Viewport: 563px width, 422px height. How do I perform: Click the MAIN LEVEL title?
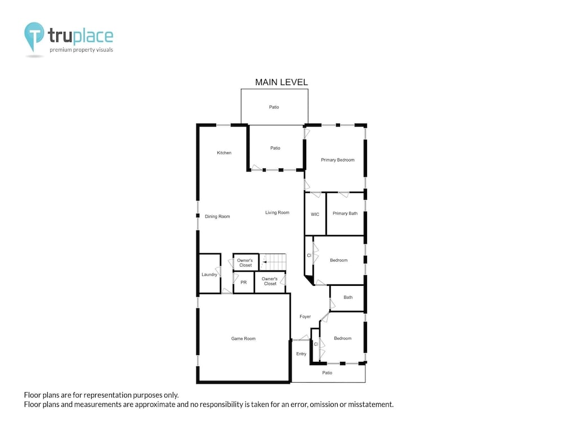point(281,82)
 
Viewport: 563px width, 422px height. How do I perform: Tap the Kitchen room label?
point(224,153)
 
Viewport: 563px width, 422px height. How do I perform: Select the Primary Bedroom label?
point(337,160)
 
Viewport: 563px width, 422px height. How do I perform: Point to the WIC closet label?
point(315,214)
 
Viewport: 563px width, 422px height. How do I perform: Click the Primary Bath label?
point(345,213)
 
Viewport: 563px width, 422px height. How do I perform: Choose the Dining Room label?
point(217,217)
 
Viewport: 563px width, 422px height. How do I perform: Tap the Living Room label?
point(277,213)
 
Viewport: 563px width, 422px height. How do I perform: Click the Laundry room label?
point(209,275)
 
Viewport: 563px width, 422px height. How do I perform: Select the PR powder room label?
point(243,282)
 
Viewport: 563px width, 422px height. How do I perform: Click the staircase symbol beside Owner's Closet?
point(273,262)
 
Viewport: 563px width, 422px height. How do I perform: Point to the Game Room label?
point(243,338)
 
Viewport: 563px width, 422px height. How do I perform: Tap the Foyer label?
point(305,316)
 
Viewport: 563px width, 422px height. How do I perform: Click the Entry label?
point(301,354)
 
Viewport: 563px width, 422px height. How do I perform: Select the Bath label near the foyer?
point(348,297)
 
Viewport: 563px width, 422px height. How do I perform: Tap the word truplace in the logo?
point(81,36)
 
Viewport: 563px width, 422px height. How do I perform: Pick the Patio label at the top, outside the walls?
point(274,107)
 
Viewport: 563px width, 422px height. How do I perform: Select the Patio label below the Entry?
point(327,373)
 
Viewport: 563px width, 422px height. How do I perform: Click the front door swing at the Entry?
point(302,338)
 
